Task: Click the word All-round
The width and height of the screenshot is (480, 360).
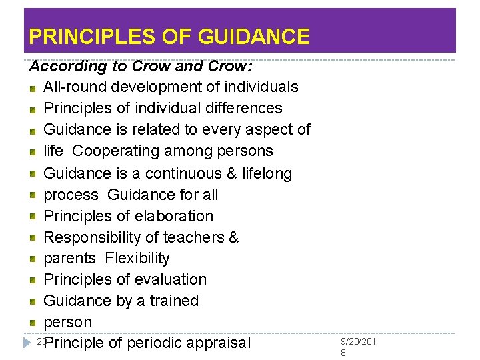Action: coord(75,87)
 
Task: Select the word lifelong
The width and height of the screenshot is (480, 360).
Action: coord(267,173)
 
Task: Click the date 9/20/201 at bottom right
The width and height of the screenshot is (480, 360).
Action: coord(358,341)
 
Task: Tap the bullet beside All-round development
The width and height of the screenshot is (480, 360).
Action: coord(33,87)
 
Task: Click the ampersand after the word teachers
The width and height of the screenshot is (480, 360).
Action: coord(233,237)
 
